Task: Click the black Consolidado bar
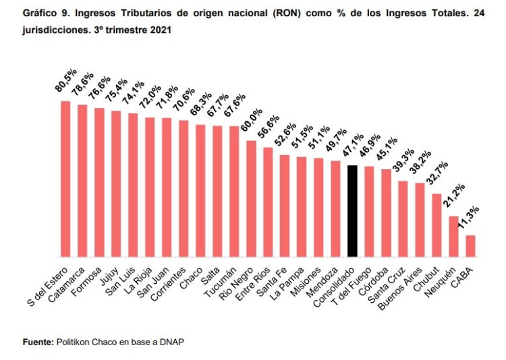pos(352,210)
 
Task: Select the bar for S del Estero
pos(65,179)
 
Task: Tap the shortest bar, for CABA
pos(470,245)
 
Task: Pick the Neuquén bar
pos(453,236)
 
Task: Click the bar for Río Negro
pos(251,198)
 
